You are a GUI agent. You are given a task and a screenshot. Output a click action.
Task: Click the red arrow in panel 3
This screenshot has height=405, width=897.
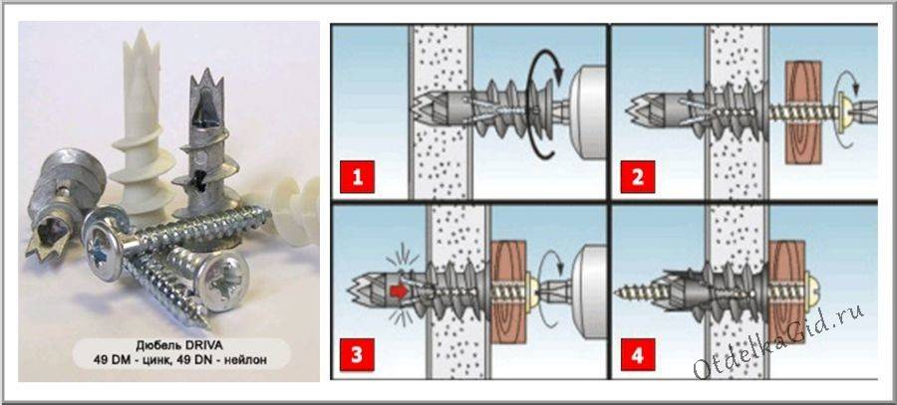click(399, 291)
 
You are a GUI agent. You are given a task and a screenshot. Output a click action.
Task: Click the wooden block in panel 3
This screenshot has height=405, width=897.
click(509, 291)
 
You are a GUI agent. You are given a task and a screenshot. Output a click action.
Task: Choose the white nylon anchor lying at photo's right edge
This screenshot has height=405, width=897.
click(297, 210)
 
